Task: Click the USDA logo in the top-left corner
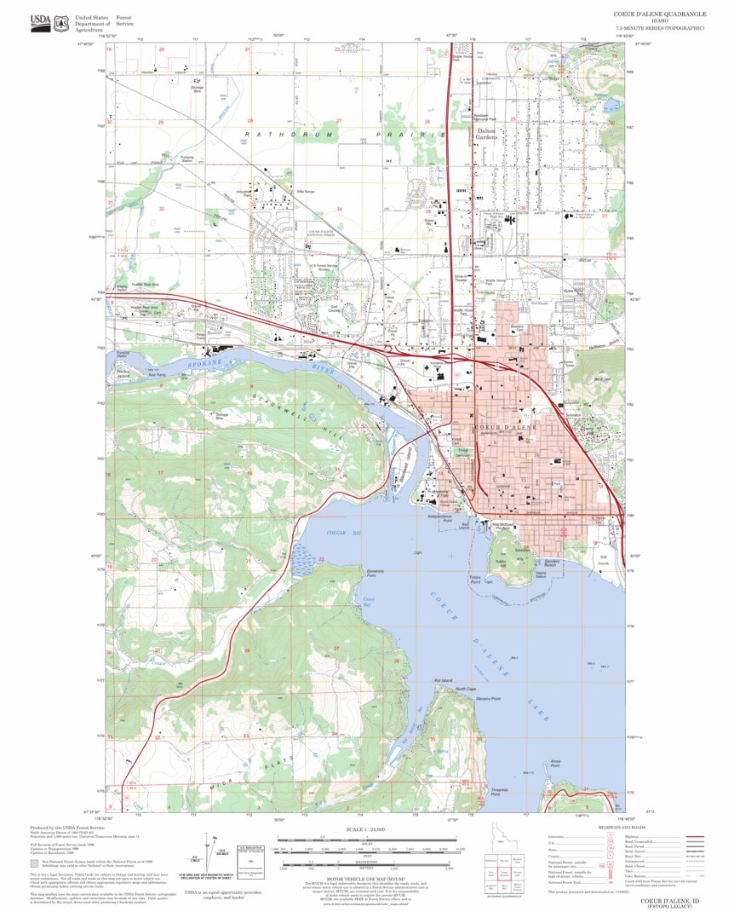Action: point(39,23)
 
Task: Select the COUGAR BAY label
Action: point(339,532)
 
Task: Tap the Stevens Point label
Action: point(489,699)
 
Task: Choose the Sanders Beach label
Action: point(551,563)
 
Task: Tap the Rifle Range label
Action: point(304,192)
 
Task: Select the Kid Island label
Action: point(443,680)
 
